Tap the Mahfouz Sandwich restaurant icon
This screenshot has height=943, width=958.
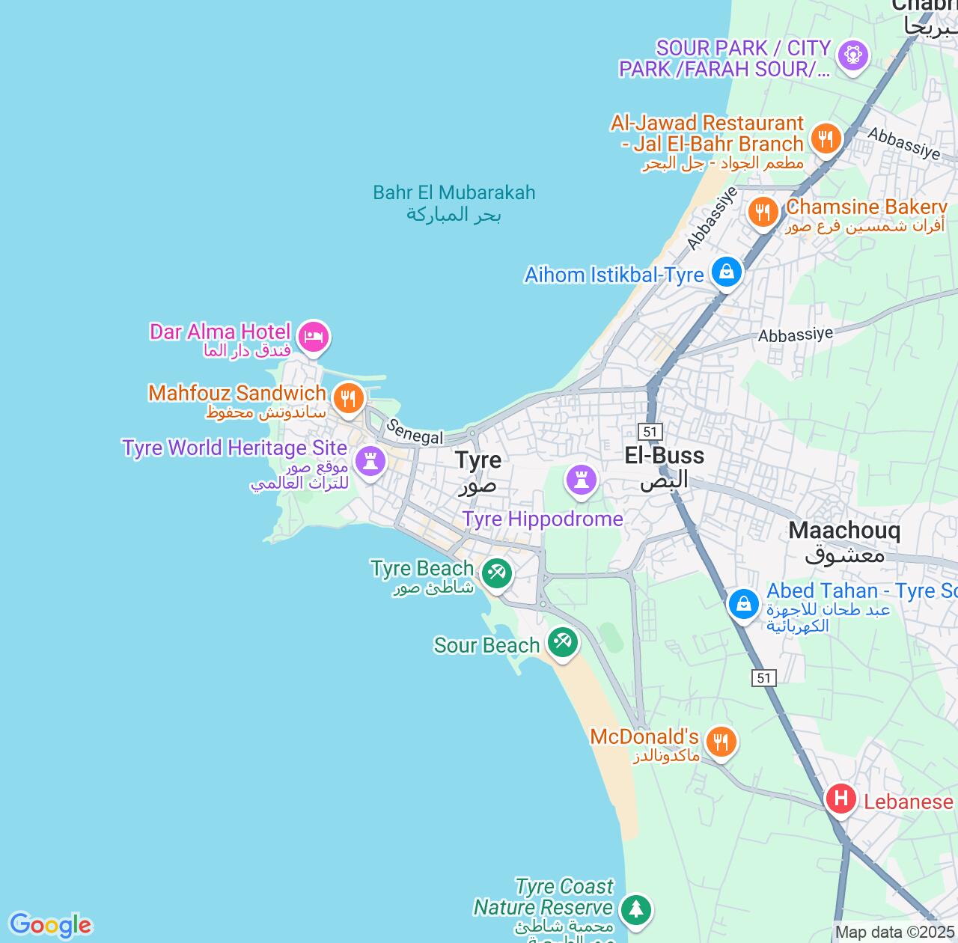tap(347, 397)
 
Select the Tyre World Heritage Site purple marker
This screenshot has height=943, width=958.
tap(370, 460)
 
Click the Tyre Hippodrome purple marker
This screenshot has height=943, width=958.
tap(581, 478)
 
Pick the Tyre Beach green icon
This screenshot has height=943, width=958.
tap(495, 573)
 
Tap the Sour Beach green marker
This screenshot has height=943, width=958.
tap(562, 641)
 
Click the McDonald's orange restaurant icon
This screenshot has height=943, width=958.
tap(721, 742)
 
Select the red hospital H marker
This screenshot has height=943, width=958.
tap(841, 799)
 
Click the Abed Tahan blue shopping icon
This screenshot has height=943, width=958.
tap(743, 602)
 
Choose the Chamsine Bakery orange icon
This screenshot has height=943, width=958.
tap(763, 212)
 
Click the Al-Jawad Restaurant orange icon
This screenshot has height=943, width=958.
tap(826, 138)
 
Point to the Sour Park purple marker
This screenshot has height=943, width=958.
tap(852, 55)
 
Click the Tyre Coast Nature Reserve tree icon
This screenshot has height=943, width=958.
tap(635, 909)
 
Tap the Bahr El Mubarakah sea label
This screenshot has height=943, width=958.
tap(454, 203)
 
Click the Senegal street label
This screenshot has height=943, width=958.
tap(415, 433)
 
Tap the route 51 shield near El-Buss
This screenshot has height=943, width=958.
tap(650, 431)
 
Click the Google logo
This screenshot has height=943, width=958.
tap(50, 925)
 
